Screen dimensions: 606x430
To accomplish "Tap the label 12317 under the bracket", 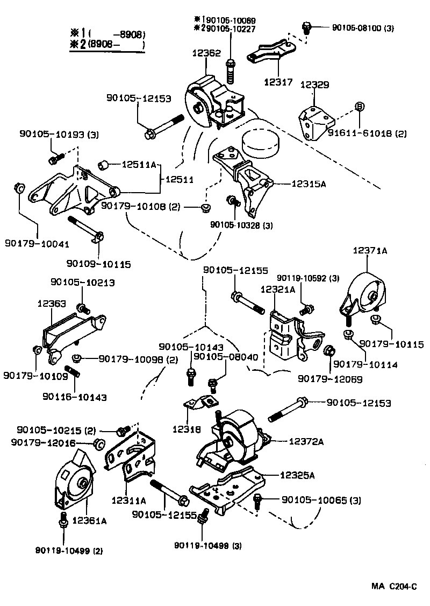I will click(x=278, y=82).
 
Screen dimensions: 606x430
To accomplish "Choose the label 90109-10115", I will click(x=98, y=264).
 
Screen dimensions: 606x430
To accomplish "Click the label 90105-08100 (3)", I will click(x=354, y=27).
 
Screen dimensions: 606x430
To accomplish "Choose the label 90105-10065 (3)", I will click(x=321, y=500).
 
